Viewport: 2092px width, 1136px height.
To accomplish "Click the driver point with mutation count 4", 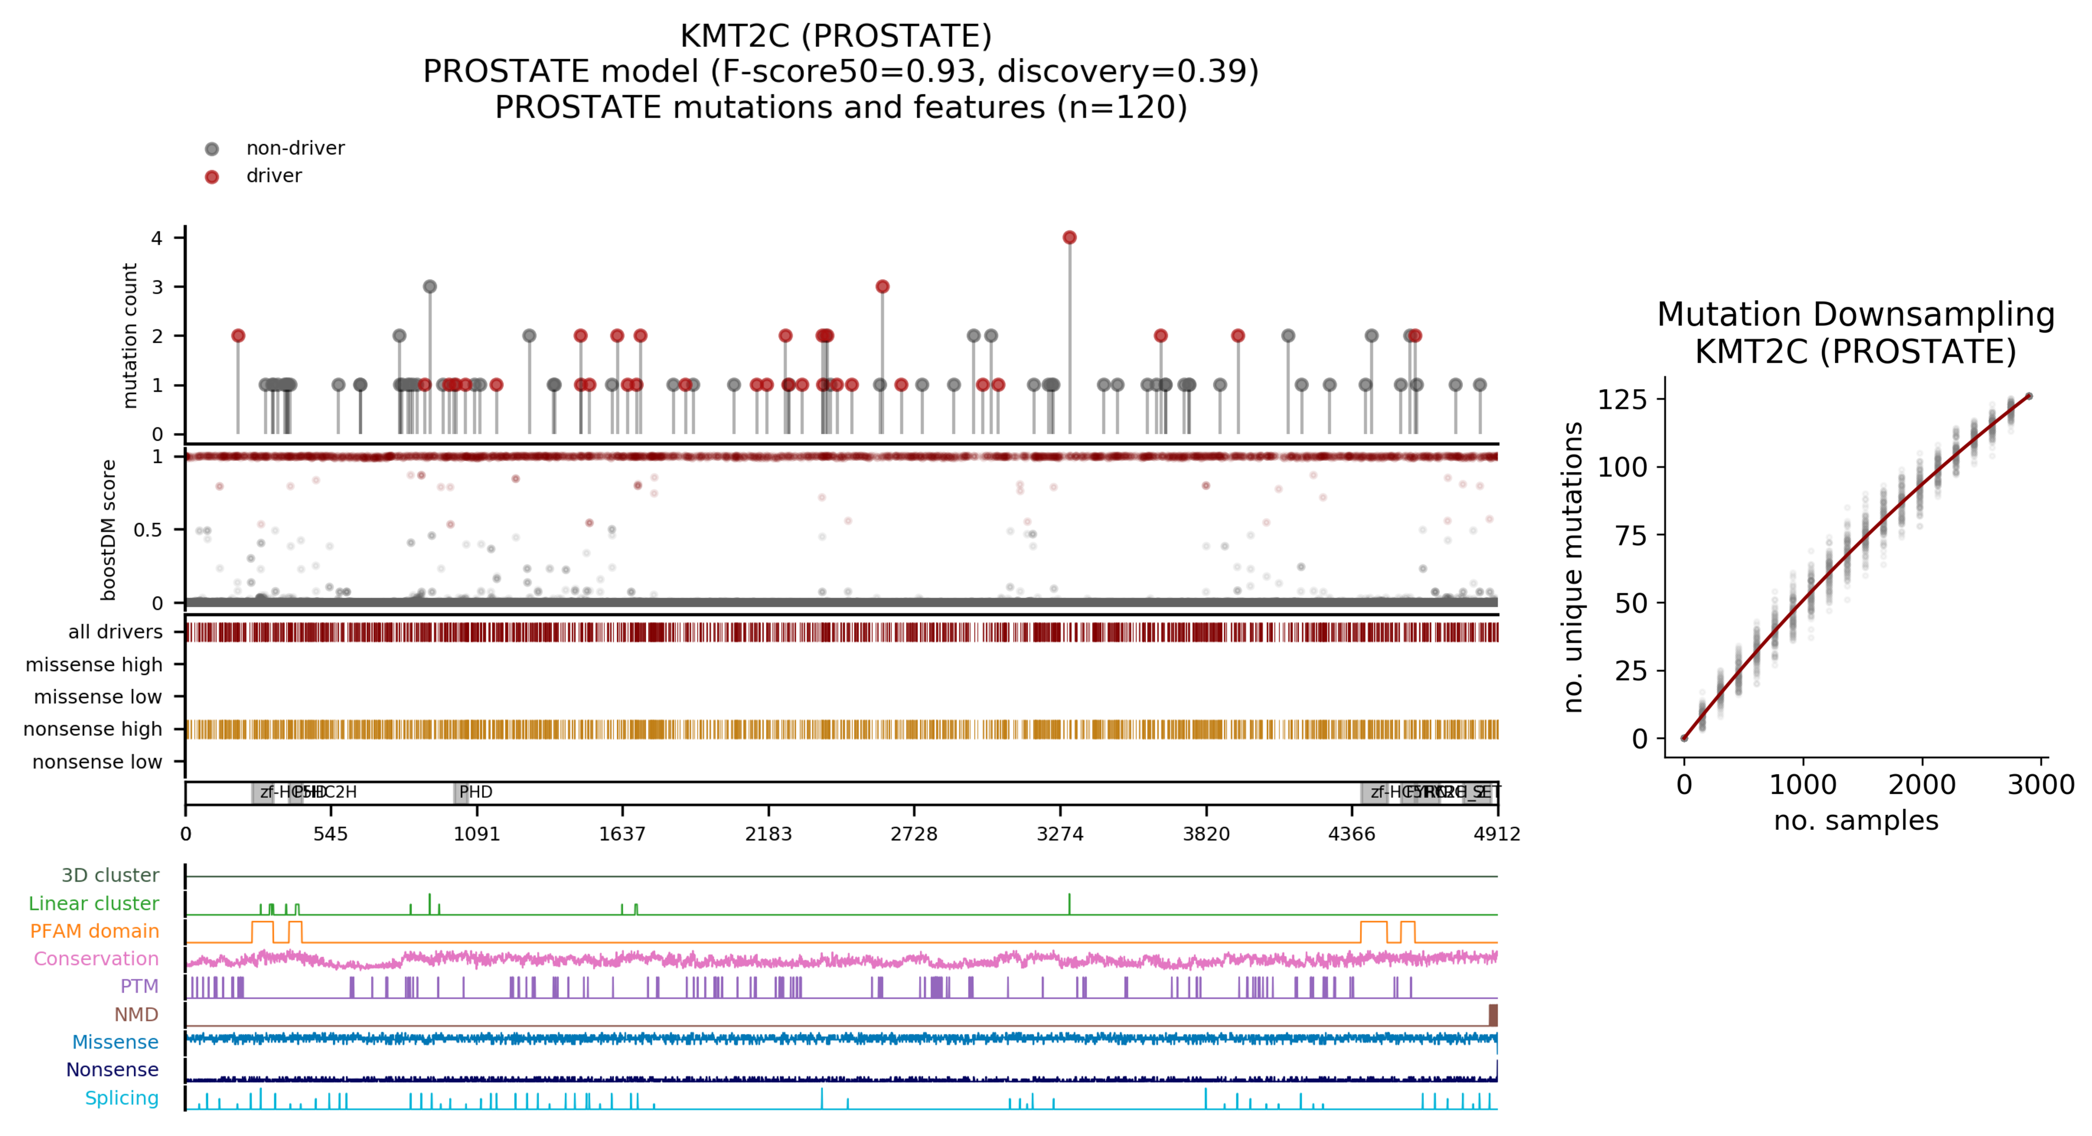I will [x=1070, y=237].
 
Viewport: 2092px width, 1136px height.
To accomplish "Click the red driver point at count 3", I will [x=883, y=287].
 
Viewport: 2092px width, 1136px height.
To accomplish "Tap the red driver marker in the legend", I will [x=212, y=177].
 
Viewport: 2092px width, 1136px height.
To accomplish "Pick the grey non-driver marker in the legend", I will [x=212, y=149].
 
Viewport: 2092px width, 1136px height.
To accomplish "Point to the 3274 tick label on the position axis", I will [x=1060, y=834].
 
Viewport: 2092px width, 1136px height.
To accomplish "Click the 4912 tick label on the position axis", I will [x=1497, y=834].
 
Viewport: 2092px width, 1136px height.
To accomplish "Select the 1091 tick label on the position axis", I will [x=477, y=834].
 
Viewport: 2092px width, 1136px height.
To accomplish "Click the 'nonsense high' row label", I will [x=93, y=729].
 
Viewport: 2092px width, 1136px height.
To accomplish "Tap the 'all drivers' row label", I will [x=115, y=632].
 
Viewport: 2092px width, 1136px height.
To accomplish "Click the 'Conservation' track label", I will [x=96, y=958].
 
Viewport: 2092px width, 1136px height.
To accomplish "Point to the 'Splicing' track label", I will [x=122, y=1098].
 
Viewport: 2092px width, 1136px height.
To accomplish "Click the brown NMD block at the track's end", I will [x=1493, y=1015].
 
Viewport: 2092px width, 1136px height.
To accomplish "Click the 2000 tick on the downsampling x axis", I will [x=1922, y=785].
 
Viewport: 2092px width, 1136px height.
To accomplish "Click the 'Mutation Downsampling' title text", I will [x=1856, y=314].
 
